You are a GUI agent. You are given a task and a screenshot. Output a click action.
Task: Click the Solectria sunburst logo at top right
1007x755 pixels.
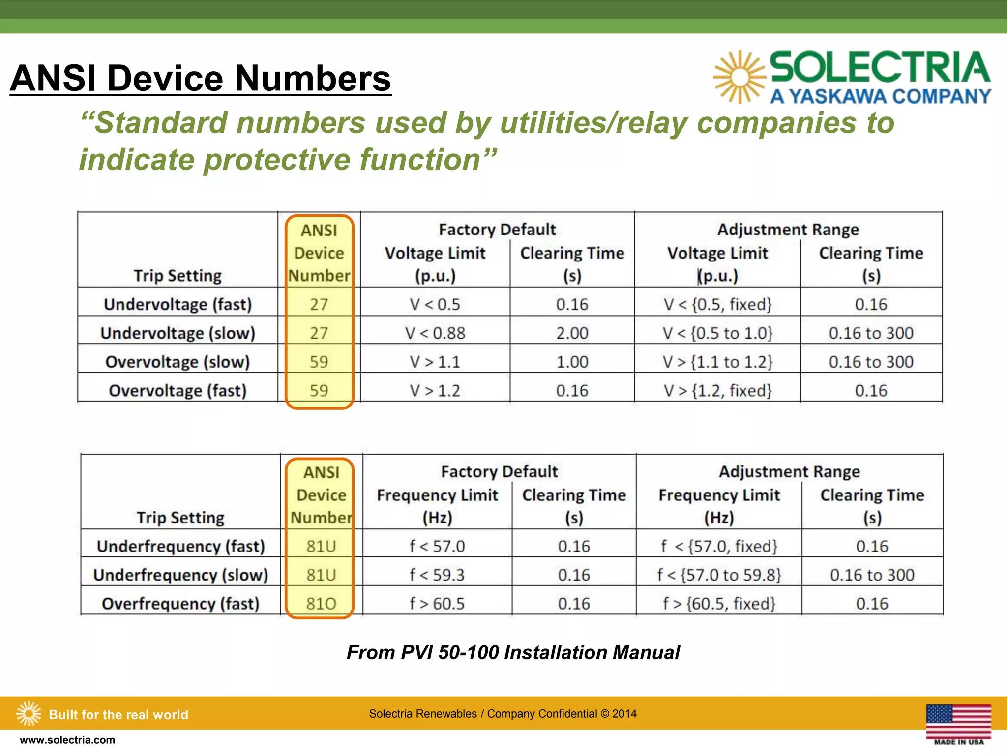click(739, 77)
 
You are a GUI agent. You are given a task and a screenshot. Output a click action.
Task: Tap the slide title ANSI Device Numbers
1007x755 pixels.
click(201, 78)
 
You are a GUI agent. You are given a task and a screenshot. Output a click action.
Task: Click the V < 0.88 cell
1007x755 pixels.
click(435, 333)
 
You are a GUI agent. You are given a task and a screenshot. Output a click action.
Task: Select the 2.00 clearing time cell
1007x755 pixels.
click(572, 333)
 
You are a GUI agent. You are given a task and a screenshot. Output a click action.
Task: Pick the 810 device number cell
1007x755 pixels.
click(321, 603)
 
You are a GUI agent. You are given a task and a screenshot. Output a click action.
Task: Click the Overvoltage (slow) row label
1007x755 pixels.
click(178, 362)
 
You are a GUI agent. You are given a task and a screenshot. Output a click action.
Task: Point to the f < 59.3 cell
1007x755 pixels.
click(437, 575)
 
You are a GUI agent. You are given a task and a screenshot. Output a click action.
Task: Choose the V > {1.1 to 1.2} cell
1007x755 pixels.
click(717, 362)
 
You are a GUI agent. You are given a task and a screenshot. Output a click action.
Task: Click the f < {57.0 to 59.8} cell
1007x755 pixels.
click(719, 575)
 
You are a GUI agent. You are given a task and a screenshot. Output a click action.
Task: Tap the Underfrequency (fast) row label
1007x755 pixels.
click(180, 546)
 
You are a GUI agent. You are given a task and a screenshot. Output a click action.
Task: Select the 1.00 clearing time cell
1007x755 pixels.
click(572, 362)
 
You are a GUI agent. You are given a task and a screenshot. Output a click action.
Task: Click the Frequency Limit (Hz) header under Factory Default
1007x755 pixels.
click(437, 506)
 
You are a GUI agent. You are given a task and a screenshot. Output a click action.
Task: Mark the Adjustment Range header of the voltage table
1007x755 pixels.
click(788, 230)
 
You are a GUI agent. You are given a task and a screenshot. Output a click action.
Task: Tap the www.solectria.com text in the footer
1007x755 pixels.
click(67, 740)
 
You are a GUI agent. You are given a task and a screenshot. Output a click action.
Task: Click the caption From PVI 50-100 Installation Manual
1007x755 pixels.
click(513, 652)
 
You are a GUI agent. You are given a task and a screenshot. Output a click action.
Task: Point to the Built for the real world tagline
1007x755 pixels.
click(118, 714)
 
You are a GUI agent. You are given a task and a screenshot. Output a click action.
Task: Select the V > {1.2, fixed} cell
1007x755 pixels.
click(717, 391)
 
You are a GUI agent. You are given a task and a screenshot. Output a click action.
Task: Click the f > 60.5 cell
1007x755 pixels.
click(437, 603)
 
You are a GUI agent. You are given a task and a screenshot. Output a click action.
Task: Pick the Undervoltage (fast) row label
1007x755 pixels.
click(178, 305)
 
